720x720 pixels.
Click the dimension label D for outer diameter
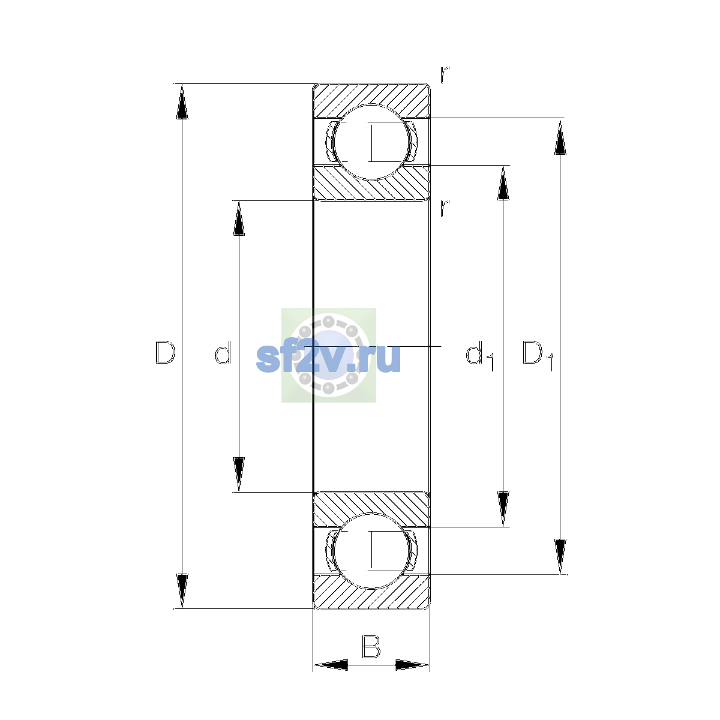pos(165,352)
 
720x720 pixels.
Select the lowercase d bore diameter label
pos(223,352)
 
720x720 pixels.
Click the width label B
pos(371,647)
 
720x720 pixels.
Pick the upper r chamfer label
pos(444,74)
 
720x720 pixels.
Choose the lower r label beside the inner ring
pos(444,208)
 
